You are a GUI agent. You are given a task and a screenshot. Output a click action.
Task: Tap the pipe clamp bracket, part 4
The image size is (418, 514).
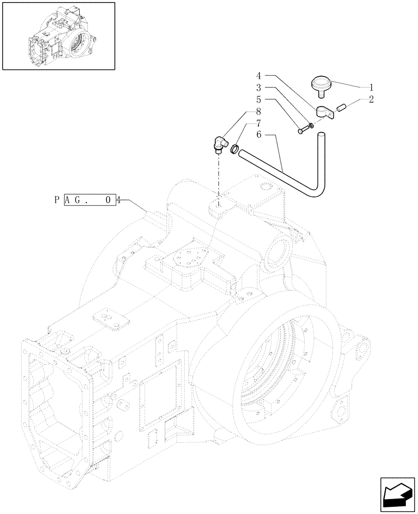point(324,112)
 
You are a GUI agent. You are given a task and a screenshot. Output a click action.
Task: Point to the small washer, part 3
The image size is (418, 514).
point(310,125)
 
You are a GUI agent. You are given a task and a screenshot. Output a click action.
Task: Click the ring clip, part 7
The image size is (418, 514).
point(234,150)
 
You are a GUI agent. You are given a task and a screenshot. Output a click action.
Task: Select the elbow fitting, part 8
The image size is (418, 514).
point(218,142)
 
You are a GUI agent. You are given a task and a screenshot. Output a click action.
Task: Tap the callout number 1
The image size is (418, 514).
point(372,87)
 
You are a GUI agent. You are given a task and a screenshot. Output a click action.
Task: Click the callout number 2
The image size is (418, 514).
point(372,99)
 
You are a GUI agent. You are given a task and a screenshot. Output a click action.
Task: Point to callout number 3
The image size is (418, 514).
point(259,87)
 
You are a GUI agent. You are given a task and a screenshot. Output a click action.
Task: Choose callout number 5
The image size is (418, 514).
point(259,99)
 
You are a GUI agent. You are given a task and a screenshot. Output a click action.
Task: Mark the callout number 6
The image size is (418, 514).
point(259,135)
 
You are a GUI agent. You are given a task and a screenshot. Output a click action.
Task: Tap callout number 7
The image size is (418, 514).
point(259,123)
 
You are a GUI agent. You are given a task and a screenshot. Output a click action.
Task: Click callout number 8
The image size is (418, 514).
point(259,112)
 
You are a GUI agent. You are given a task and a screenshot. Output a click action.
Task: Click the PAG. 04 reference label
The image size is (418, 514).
point(86,200)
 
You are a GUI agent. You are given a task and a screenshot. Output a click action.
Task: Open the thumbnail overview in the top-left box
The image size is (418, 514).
point(58,35)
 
